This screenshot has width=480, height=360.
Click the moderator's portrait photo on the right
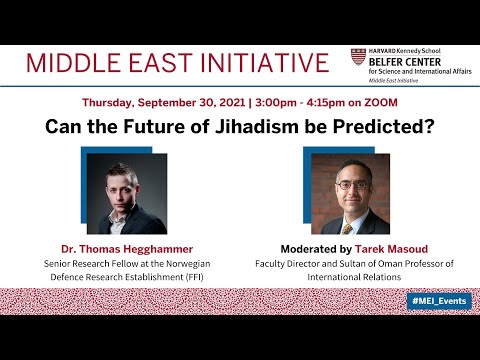[x=350, y=193]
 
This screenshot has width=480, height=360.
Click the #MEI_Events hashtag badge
[x=438, y=301]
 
